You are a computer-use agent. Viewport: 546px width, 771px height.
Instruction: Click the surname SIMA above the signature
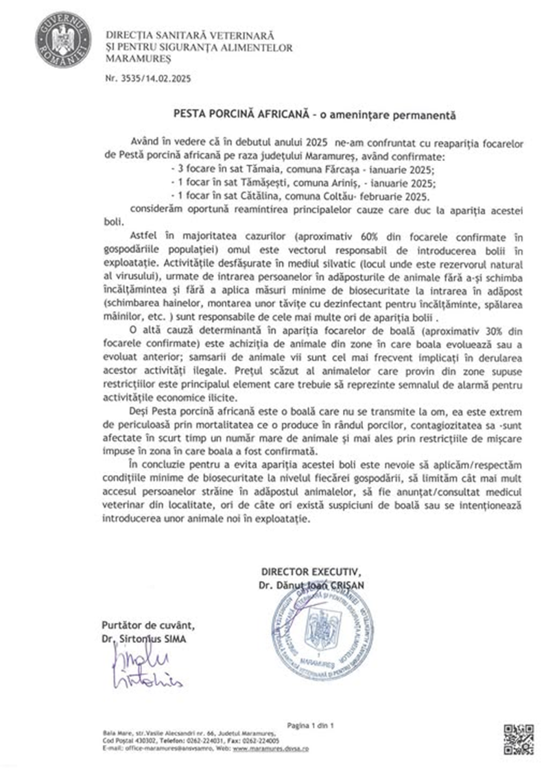pyautogui.click(x=174, y=639)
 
